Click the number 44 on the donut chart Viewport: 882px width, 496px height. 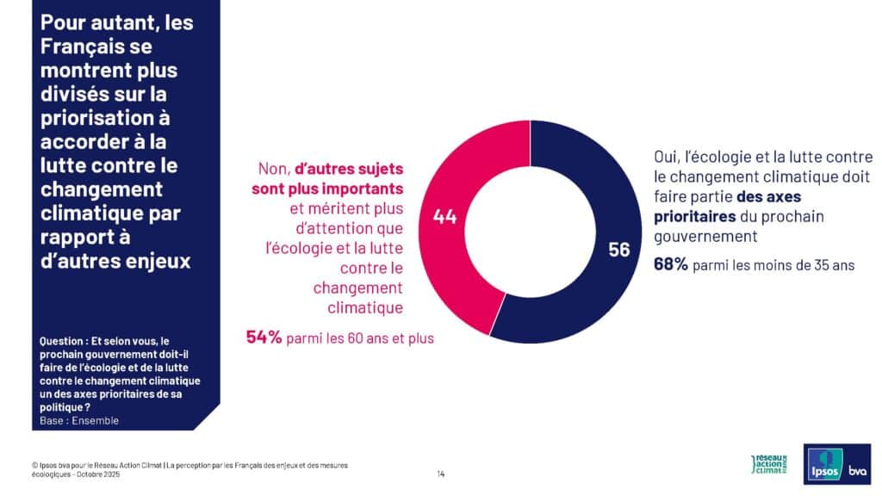pyautogui.click(x=444, y=217)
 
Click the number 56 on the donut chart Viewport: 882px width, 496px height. pyautogui.click(x=618, y=250)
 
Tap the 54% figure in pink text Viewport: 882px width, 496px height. pyautogui.click(x=264, y=338)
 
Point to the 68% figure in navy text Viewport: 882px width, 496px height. pyautogui.click(x=670, y=264)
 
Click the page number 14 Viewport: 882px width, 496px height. pyautogui.click(x=441, y=474)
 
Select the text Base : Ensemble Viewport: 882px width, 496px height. pyautogui.click(x=79, y=421)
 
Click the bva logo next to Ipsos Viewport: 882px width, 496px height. pyautogui.click(x=857, y=470)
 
